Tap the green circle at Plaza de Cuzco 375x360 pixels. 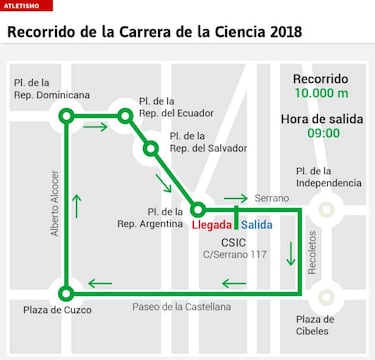coord(66,293)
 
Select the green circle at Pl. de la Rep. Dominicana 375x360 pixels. coord(66,116)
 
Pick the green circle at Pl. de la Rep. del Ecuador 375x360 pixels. coord(125,116)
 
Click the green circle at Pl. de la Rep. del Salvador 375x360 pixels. coord(151,149)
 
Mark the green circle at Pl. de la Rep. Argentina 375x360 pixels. coord(198,209)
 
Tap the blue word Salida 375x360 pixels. coord(256,225)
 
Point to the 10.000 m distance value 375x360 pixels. coord(321,94)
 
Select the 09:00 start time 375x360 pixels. coord(321,133)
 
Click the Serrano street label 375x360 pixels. coord(271,198)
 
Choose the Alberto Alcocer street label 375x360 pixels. coord(56,205)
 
